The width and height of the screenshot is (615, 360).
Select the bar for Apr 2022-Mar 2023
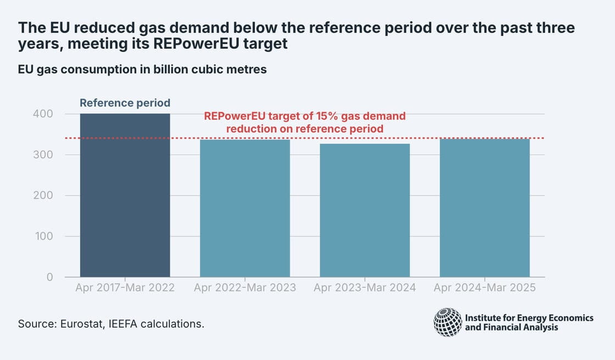[245, 209]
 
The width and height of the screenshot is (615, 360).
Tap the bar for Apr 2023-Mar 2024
[365, 211]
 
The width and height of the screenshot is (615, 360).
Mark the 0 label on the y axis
[49, 277]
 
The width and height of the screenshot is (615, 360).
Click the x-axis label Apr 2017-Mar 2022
[125, 288]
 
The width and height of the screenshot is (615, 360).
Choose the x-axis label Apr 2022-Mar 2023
[245, 288]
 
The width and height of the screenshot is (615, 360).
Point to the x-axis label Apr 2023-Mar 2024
[365, 288]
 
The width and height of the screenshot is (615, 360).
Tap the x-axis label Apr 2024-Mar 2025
[485, 288]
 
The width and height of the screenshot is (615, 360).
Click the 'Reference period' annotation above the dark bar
[125, 103]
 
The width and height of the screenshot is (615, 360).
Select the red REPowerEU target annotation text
[305, 122]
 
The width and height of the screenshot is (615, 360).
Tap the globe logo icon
[448, 322]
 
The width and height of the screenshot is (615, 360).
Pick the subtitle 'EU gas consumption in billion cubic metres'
[142, 70]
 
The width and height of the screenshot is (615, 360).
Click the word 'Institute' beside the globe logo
[482, 318]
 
